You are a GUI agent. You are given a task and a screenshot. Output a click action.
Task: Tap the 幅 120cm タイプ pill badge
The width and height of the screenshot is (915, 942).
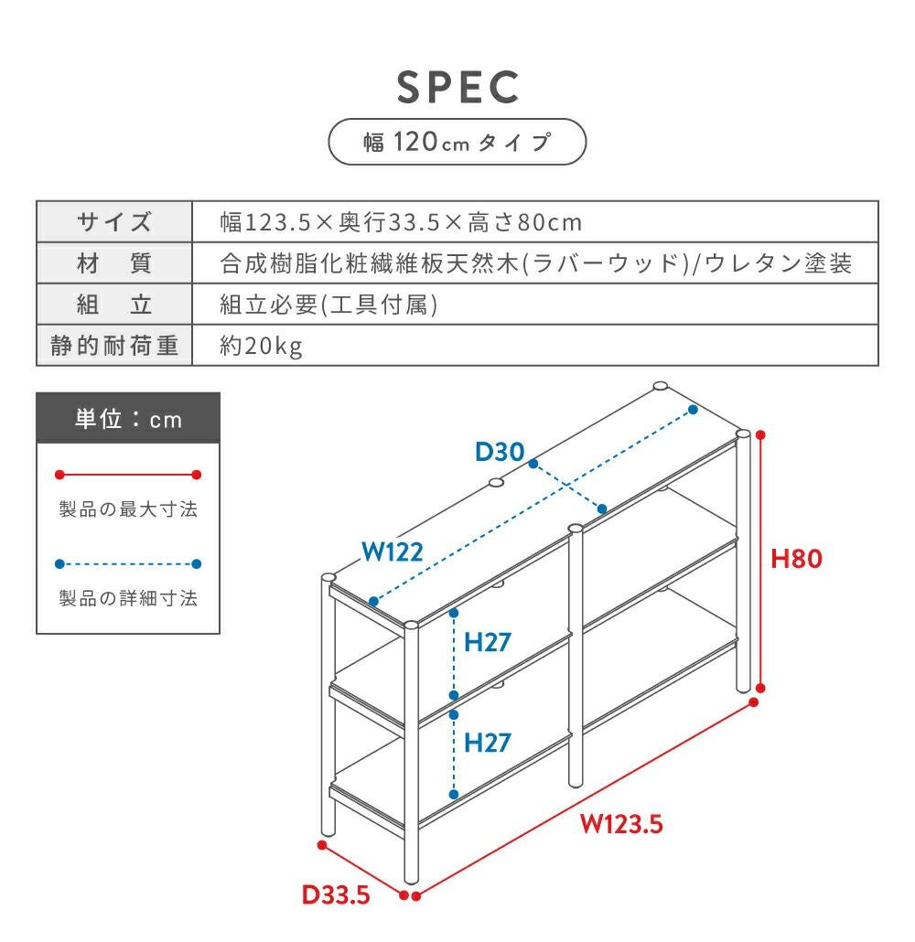tap(457, 142)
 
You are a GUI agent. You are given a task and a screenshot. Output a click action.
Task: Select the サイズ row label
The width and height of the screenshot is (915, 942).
tap(114, 222)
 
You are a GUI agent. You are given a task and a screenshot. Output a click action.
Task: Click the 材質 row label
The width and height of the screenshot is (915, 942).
tap(114, 264)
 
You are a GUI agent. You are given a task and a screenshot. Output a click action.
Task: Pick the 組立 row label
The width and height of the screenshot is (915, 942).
tap(114, 305)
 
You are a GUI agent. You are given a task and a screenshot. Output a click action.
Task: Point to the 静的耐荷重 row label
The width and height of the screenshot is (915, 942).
tap(114, 347)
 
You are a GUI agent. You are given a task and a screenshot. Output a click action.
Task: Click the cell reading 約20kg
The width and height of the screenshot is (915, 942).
tap(262, 347)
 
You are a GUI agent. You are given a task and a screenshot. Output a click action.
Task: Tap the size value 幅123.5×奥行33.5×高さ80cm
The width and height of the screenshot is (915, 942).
tap(401, 222)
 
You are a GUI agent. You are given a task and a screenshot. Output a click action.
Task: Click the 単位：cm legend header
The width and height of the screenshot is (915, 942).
tap(128, 419)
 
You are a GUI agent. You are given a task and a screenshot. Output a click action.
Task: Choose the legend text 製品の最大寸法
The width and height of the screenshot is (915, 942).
tap(128, 509)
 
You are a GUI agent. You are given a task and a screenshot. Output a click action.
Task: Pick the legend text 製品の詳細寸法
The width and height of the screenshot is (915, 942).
tap(128, 599)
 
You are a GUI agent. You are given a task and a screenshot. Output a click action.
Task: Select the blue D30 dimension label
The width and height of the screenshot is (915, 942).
tap(499, 451)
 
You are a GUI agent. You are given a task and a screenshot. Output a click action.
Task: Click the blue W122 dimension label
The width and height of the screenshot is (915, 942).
tap(392, 551)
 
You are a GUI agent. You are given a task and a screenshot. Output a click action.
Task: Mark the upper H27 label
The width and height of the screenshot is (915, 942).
tap(487, 642)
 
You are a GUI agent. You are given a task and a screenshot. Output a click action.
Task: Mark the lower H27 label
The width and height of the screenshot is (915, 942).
tap(487, 742)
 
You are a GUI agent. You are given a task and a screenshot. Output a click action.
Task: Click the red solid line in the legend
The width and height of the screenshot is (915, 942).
tap(128, 475)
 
